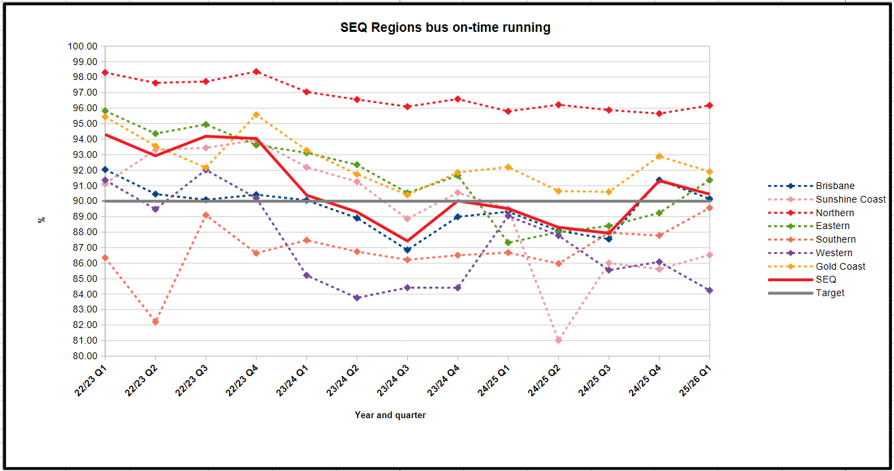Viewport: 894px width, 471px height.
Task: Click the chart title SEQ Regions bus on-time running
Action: point(445,28)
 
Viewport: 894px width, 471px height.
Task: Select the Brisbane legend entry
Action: point(834,186)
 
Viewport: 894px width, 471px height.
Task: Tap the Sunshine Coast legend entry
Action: point(851,199)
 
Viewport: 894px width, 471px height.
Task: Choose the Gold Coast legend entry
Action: point(840,266)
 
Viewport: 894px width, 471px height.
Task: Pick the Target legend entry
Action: point(830,293)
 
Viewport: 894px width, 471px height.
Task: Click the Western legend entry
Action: point(834,253)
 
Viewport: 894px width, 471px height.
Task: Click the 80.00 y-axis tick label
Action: point(85,356)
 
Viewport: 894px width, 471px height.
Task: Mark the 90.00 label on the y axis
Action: point(85,201)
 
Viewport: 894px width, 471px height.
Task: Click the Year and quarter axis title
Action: point(390,415)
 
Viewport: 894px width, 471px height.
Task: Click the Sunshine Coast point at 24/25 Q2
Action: point(558,340)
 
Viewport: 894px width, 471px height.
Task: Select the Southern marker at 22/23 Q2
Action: point(156,321)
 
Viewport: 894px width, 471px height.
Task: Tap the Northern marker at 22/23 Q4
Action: point(256,71)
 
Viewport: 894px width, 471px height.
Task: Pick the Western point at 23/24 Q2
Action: point(357,298)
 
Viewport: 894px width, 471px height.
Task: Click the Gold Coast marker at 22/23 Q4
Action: point(256,115)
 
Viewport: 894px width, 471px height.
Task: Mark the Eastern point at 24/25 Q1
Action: point(508,243)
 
